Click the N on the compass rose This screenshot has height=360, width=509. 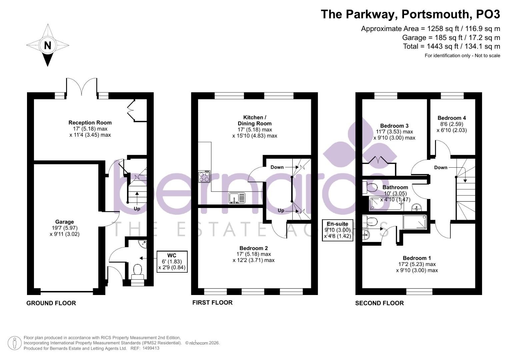pyautogui.click(x=47, y=45)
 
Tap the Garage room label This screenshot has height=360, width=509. pyautogui.click(x=65, y=222)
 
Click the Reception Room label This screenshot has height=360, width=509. pyautogui.click(x=90, y=123)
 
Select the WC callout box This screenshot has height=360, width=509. pyautogui.click(x=172, y=262)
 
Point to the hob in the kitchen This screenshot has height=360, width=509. pyautogui.click(x=204, y=177)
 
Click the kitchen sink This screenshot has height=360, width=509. pyautogui.click(x=237, y=198)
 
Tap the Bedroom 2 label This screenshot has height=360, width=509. pyautogui.click(x=254, y=248)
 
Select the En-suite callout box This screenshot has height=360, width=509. pyautogui.click(x=338, y=230)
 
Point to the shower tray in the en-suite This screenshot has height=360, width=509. pyautogui.click(x=415, y=222)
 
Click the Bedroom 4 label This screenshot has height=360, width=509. pyautogui.click(x=452, y=118)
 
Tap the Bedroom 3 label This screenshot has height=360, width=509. pyautogui.click(x=394, y=126)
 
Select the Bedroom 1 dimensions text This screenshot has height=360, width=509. pyautogui.click(x=417, y=267)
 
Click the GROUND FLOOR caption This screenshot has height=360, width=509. pyautogui.click(x=51, y=303)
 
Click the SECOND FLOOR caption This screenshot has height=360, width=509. pyautogui.click(x=379, y=303)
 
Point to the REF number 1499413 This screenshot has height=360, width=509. pyautogui.click(x=151, y=348)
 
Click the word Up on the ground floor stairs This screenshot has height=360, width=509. pyautogui.click(x=137, y=209)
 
